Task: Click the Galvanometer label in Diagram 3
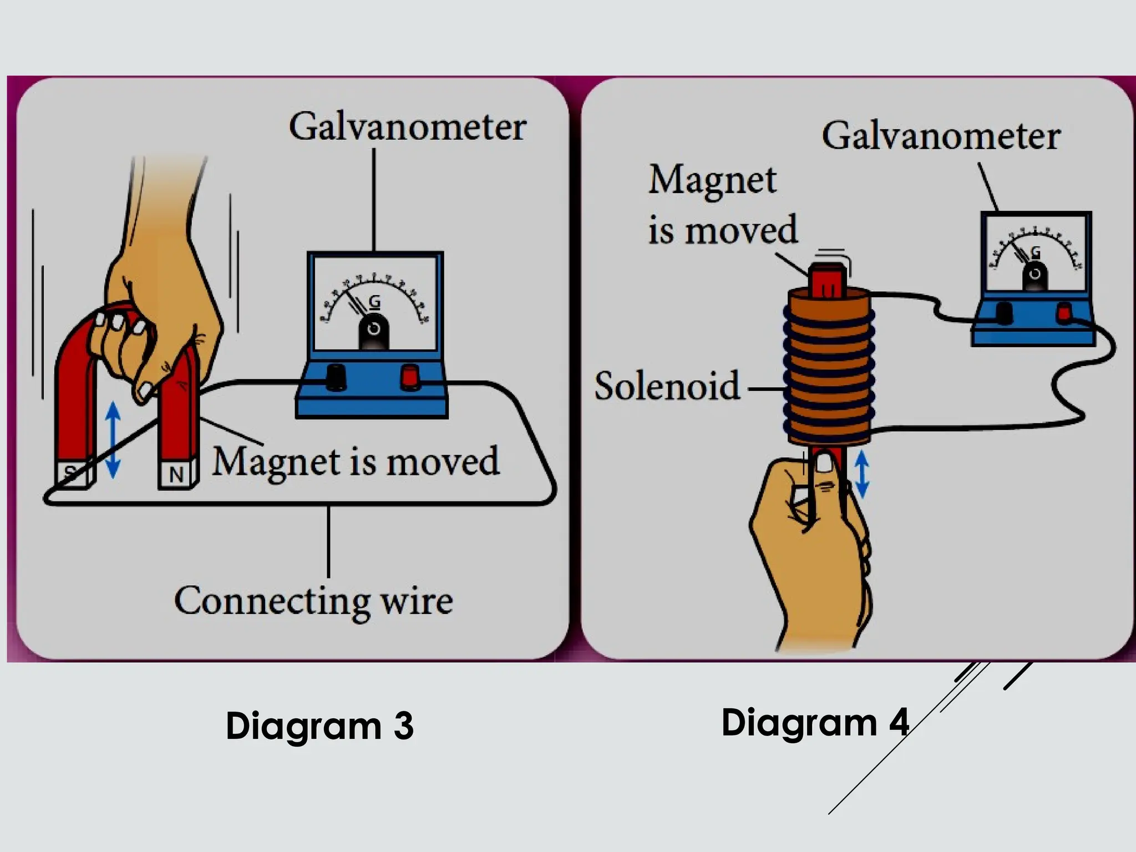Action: (407, 128)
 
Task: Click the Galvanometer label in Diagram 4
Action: (941, 136)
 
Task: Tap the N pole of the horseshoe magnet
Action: (177, 474)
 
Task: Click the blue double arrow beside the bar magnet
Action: (861, 473)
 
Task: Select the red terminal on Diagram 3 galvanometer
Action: (410, 377)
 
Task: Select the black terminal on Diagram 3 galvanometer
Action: (336, 377)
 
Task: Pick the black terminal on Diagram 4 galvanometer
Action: (1004, 313)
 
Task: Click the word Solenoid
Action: (667, 386)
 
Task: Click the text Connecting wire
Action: (313, 601)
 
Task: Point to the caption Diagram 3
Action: (319, 726)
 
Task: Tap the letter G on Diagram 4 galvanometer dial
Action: (1035, 253)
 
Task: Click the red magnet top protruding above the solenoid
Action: (828, 280)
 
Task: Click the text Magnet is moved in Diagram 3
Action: (356, 461)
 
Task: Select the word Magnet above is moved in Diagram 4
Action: (712, 180)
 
